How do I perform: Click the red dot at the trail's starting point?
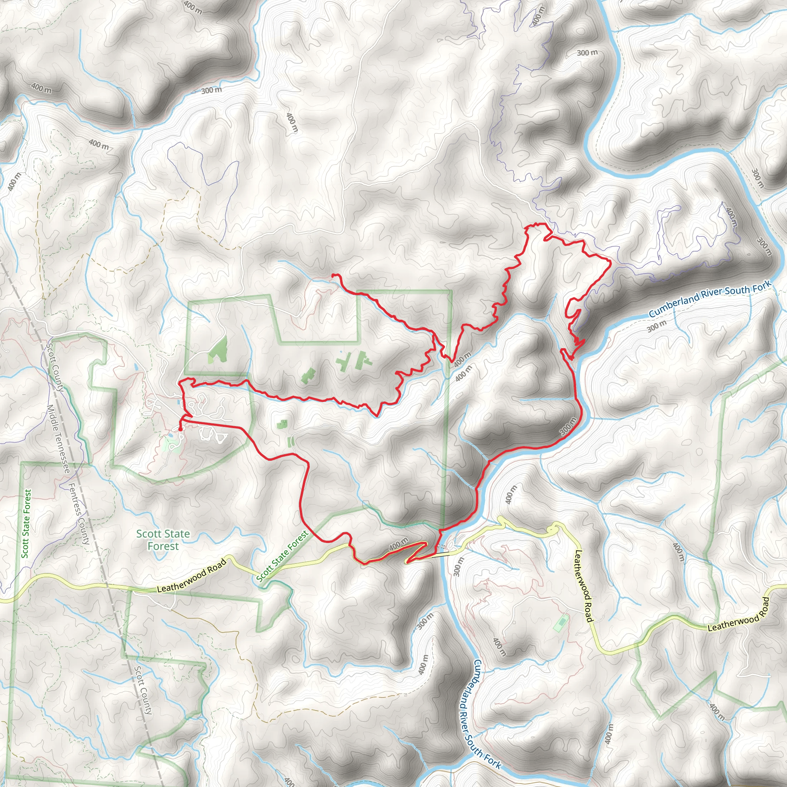pos(180,428)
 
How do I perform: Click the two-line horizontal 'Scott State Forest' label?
pos(163,540)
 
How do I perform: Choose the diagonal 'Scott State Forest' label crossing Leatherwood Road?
pos(282,556)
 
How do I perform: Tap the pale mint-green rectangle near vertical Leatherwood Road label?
pos(561,624)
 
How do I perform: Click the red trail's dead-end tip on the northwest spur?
pos(333,276)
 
